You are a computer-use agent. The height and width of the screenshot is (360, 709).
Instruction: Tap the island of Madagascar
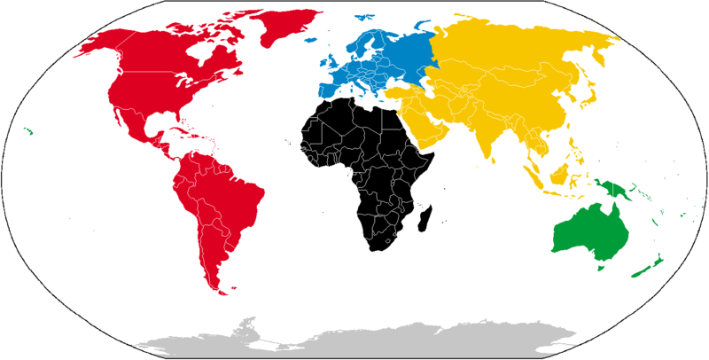[426, 214]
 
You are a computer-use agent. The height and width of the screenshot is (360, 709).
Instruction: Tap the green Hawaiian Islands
[29, 132]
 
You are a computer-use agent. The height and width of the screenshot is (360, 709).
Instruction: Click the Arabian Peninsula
[425, 129]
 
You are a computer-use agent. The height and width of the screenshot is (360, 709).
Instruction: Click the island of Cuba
[176, 134]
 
